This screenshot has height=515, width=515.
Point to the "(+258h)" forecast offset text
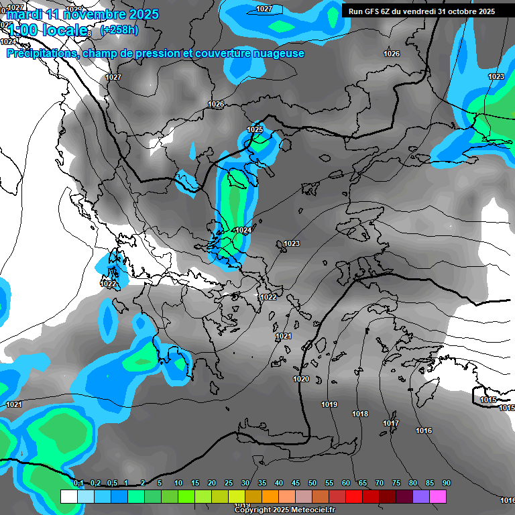119,30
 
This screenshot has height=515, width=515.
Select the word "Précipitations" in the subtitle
42,53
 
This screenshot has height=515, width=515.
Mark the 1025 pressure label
255,129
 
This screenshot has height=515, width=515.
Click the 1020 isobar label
301,380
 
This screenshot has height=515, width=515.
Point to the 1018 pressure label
360,414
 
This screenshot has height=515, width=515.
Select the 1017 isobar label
391,423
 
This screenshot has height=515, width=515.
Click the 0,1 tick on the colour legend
78,483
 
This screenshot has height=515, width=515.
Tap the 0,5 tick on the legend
112,483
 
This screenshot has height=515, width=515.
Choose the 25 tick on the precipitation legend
229,483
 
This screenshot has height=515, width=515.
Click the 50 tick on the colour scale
312,483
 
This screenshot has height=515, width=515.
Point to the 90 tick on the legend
447,483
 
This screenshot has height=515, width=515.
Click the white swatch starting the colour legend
68,496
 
